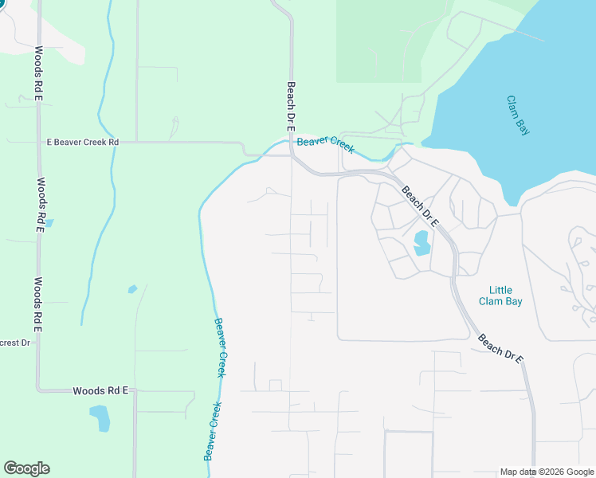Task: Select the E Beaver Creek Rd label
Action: click(x=82, y=143)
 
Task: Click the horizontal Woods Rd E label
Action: click(x=100, y=390)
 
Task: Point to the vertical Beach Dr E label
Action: click(x=291, y=107)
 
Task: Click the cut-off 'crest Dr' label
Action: click(x=14, y=343)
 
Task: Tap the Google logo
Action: click(x=26, y=468)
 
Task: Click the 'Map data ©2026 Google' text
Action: click(x=547, y=472)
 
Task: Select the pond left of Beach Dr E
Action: click(x=421, y=242)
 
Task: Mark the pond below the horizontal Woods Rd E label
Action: click(x=100, y=417)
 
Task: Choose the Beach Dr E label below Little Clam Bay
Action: click(x=500, y=349)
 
